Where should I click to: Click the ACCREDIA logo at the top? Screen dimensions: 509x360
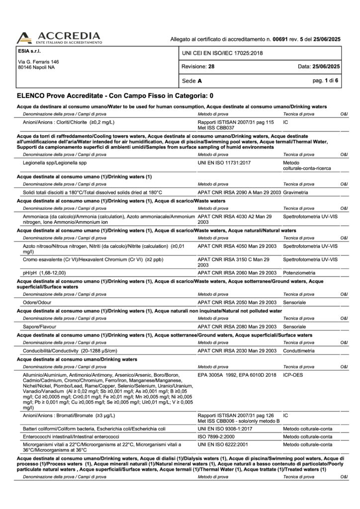[59, 37]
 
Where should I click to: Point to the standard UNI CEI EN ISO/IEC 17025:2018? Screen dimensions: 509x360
[222, 53]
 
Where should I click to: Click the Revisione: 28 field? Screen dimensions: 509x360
[198, 66]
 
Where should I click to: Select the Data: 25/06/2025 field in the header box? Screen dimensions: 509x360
[319, 66]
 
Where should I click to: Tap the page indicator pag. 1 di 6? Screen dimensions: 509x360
[325, 80]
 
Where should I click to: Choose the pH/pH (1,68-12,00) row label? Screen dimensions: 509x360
[44, 273]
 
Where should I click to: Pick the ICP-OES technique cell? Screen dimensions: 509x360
[293, 375]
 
